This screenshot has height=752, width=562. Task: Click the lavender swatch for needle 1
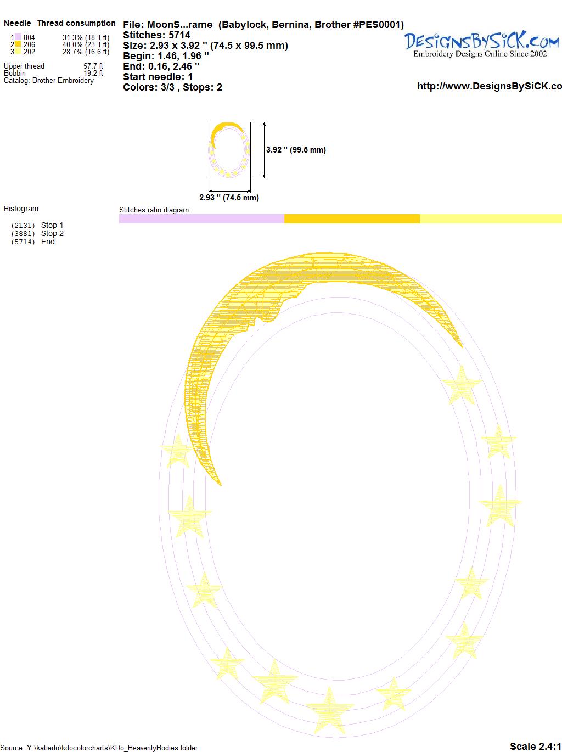point(18,37)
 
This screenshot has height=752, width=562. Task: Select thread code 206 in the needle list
point(29,44)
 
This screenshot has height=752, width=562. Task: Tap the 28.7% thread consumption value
point(72,52)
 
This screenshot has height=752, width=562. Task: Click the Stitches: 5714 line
point(156,35)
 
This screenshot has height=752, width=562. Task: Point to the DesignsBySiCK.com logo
point(481,44)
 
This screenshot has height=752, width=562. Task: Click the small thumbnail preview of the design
point(229,150)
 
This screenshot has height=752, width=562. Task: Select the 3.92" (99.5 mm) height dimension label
point(296,150)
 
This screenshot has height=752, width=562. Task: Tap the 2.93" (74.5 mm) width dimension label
point(229,198)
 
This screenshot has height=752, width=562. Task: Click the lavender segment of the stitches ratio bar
point(202,218)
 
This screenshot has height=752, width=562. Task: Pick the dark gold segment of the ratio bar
point(352,218)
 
